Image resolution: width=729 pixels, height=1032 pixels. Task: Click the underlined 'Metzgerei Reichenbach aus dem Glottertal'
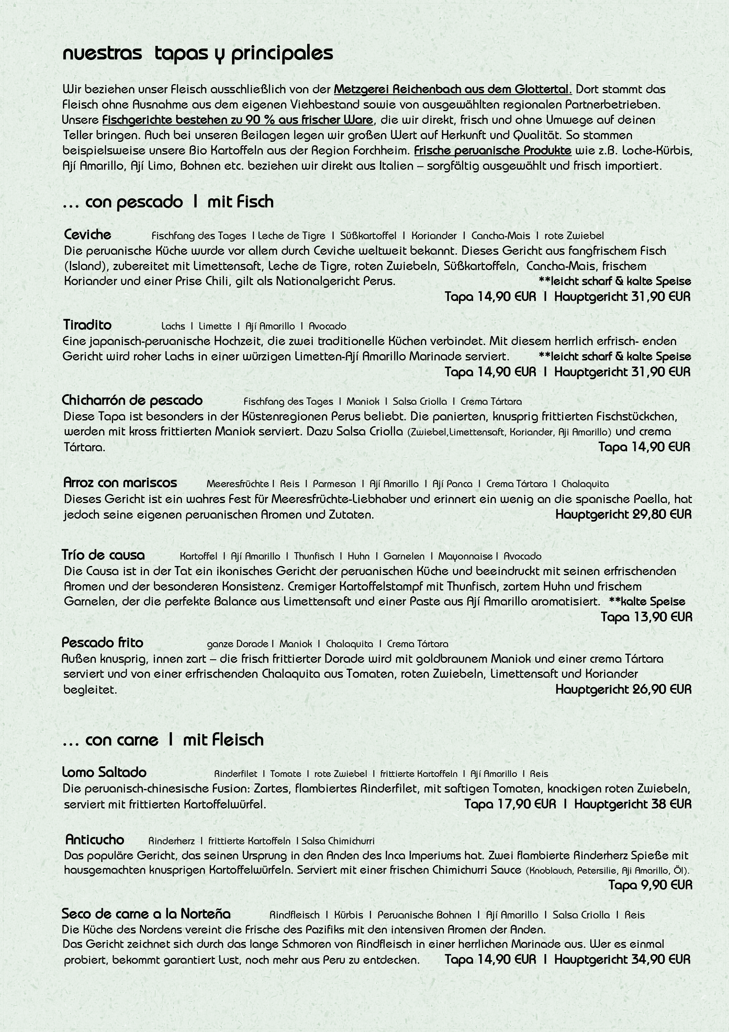[x=452, y=89]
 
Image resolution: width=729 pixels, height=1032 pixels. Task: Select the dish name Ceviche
[x=88, y=235]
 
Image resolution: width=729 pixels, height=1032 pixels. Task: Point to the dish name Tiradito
[x=87, y=325]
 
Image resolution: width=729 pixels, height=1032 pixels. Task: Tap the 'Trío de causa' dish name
[x=103, y=555]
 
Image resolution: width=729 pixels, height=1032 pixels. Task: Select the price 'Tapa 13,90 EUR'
[x=646, y=617]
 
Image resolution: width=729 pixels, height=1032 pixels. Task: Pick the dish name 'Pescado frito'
[x=102, y=643]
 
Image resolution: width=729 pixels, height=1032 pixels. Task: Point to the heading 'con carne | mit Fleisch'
[x=163, y=740]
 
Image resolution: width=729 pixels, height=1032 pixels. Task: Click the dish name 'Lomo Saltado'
[x=104, y=772]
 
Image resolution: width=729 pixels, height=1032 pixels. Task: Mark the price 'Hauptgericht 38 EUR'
[x=632, y=804]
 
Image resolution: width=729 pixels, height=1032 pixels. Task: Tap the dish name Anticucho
[x=94, y=840]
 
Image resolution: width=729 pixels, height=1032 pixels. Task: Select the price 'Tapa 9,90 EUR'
[x=650, y=885]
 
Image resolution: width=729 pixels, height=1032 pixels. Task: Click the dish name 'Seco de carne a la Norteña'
[x=146, y=914]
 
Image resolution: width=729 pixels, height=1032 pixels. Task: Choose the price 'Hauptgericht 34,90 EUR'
[x=622, y=960]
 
